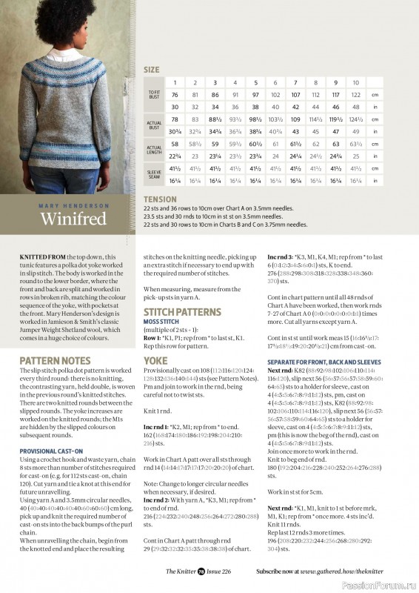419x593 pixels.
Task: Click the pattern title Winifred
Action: click(x=72, y=220)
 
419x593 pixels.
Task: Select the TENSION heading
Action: click(x=161, y=199)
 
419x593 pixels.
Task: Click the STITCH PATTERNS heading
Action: click(x=181, y=312)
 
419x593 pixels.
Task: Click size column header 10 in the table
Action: click(x=356, y=82)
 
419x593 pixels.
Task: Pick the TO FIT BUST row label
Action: click(x=152, y=95)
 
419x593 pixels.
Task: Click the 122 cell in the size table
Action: click(x=356, y=95)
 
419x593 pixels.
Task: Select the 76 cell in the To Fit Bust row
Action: click(x=175, y=95)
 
